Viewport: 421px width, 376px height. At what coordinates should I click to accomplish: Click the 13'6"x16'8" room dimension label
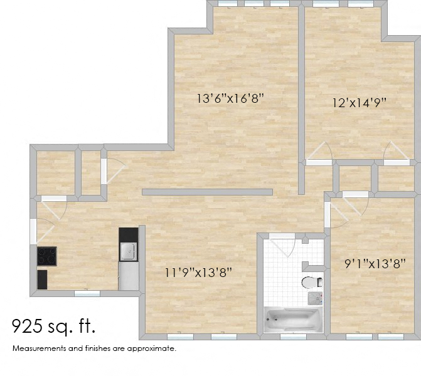(230, 98)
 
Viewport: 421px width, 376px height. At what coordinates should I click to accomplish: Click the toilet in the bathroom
(312, 281)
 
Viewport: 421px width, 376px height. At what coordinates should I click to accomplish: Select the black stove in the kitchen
(47, 256)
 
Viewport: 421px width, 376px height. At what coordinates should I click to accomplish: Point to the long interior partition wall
(207, 192)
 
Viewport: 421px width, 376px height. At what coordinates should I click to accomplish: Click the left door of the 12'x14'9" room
(321, 154)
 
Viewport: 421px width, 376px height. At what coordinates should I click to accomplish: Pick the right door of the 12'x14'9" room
(396, 154)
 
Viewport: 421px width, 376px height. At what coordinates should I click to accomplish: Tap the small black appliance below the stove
(43, 279)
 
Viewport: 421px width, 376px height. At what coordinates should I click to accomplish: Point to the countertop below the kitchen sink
(129, 276)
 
